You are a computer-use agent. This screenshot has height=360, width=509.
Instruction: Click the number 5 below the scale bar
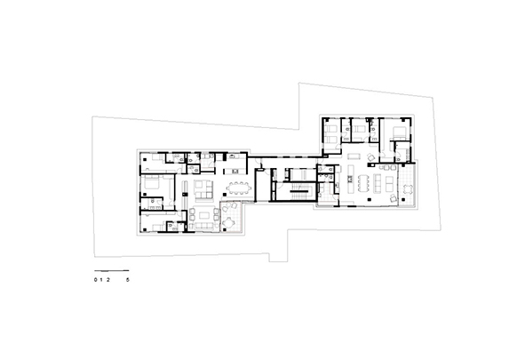[128, 279]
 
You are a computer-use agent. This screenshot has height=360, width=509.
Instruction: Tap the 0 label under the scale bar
[96, 279]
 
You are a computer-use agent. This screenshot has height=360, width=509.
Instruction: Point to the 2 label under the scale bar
[107, 279]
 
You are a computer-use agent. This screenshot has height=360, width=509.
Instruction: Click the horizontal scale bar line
[111, 270]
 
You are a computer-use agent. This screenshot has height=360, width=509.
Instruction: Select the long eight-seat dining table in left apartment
[240, 188]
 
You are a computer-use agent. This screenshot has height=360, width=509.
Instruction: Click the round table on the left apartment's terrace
[229, 223]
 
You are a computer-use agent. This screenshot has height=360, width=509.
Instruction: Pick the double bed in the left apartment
[151, 183]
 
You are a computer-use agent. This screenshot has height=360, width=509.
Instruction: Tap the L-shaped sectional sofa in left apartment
[203, 189]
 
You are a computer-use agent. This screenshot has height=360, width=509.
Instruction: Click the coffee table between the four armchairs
[203, 215]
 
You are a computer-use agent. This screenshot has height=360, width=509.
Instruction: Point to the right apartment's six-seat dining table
[363, 183]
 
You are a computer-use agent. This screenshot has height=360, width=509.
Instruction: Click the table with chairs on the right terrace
[408, 189]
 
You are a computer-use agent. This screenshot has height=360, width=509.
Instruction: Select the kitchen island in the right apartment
[350, 179]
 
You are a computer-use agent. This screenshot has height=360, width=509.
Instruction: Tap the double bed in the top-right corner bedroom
[399, 132]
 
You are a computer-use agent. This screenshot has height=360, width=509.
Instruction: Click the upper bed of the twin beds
[331, 129]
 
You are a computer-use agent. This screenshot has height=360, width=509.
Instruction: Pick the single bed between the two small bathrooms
[359, 129]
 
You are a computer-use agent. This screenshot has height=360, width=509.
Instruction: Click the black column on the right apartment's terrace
[403, 199]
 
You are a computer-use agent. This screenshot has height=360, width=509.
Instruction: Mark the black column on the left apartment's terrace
[225, 229]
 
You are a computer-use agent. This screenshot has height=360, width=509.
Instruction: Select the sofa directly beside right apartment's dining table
[378, 183]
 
